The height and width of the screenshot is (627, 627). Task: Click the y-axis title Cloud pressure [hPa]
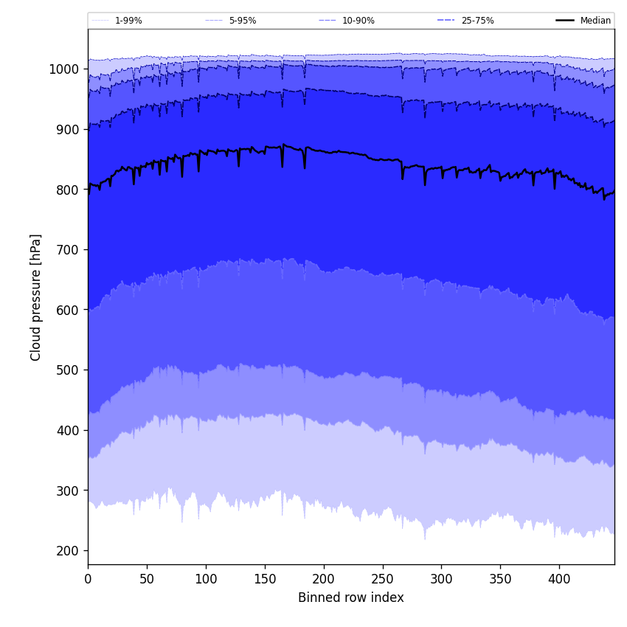pos(36,297)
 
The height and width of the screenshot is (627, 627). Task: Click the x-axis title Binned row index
pos(350,597)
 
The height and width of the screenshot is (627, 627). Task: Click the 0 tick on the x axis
pos(88,579)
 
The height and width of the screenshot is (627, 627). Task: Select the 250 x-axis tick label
pos(382,579)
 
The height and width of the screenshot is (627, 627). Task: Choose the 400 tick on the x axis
pos(559,579)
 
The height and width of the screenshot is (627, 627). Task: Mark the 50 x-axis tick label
pos(147,579)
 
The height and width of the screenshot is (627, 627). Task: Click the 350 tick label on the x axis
pos(500,579)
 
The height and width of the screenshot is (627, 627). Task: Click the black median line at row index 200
pos(323,150)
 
